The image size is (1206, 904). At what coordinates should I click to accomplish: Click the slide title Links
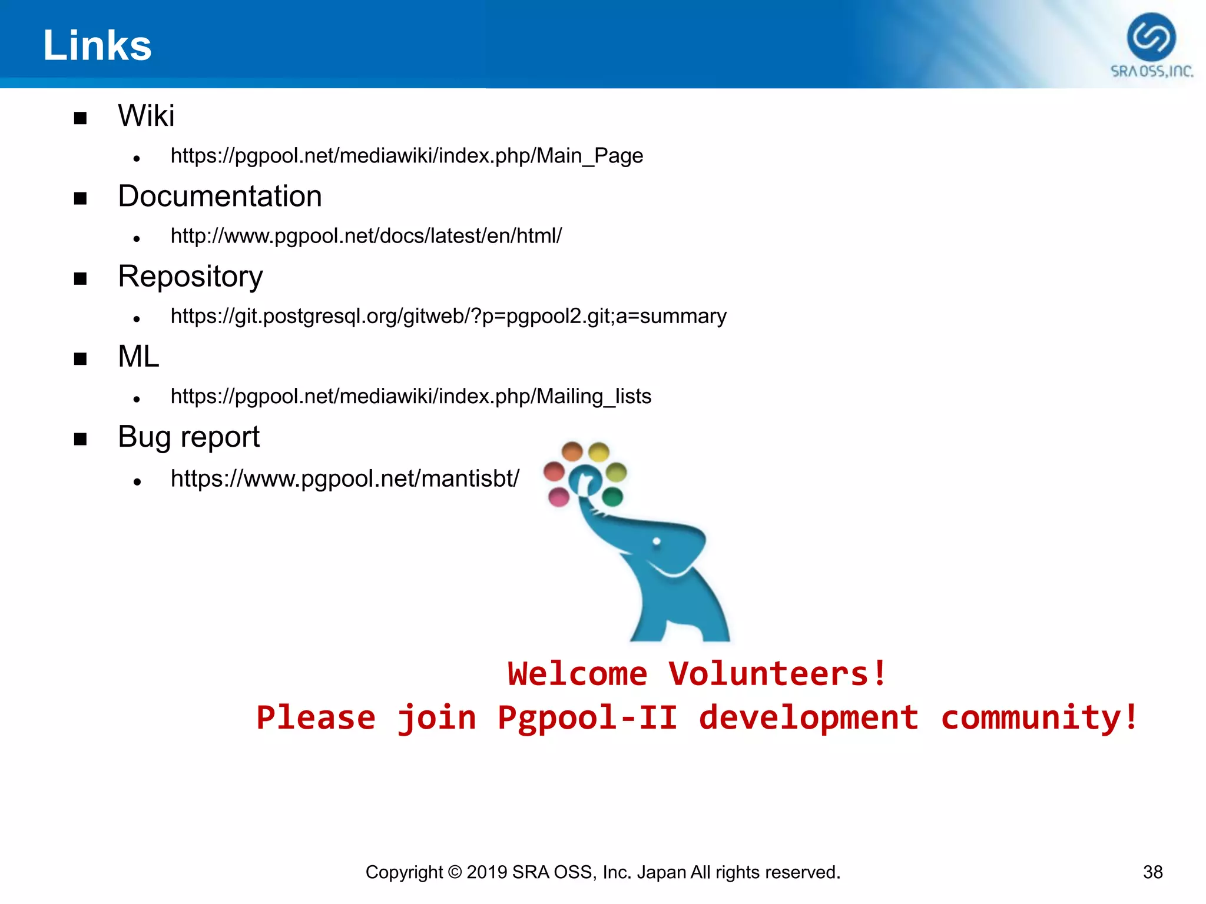click(x=97, y=46)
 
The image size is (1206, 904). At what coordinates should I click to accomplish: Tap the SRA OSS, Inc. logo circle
click(x=1151, y=37)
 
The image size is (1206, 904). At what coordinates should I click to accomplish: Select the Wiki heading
click(x=146, y=116)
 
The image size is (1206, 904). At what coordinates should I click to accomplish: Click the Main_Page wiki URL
click(x=406, y=156)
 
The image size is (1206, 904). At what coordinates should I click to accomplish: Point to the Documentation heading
click(x=220, y=197)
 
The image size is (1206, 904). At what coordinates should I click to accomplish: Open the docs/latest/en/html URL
click(x=366, y=236)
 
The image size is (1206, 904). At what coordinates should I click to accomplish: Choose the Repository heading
click(x=190, y=277)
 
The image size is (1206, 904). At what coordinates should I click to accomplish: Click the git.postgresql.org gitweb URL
click(x=448, y=317)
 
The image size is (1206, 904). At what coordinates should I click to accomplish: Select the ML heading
click(x=138, y=357)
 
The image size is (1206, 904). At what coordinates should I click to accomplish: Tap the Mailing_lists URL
click(x=410, y=397)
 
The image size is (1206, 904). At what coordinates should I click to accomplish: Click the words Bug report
click(x=188, y=437)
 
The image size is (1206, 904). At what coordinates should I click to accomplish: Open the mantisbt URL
click(x=344, y=479)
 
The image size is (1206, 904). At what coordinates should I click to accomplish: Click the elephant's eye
click(x=657, y=541)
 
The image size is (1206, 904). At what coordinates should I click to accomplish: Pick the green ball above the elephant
click(x=612, y=497)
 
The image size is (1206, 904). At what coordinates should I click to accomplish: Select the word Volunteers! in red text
click(x=777, y=674)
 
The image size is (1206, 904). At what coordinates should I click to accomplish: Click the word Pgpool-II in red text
click(x=587, y=718)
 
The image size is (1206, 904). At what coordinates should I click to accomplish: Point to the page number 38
click(x=1152, y=872)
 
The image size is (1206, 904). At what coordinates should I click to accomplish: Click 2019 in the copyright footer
click(x=487, y=872)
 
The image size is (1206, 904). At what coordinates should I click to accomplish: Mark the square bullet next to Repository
click(x=81, y=278)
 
